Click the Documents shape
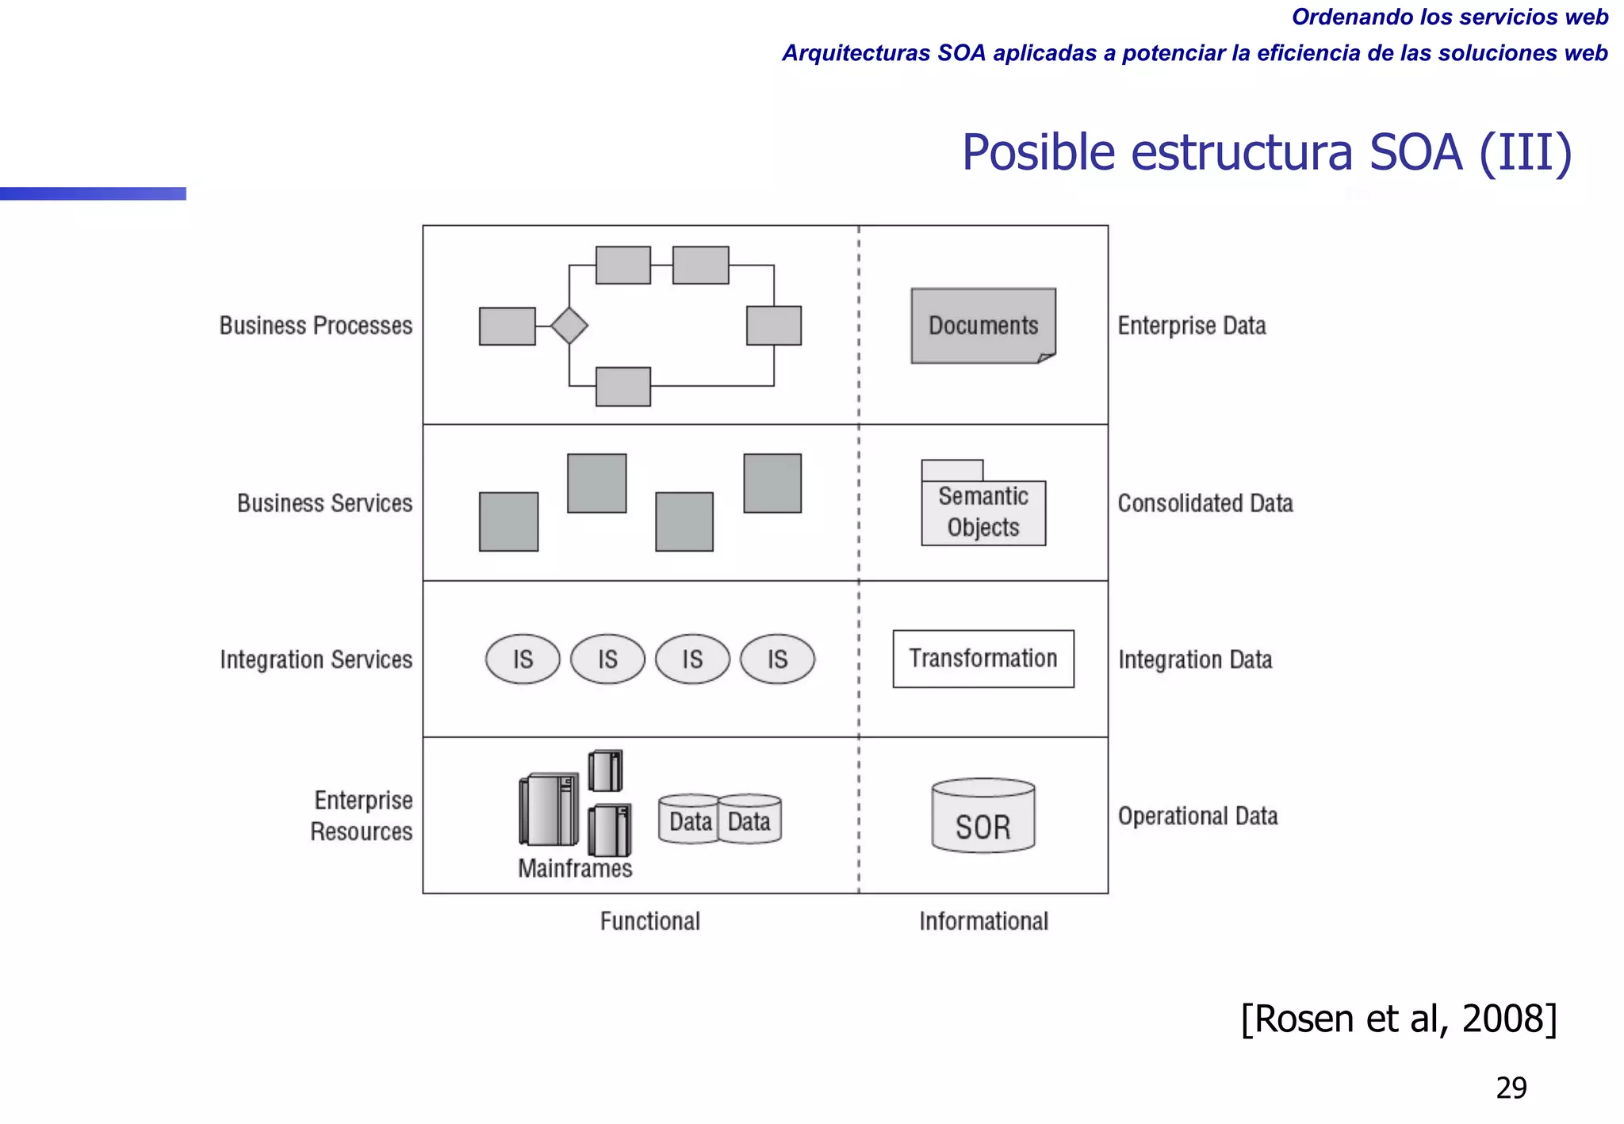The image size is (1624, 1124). (x=982, y=326)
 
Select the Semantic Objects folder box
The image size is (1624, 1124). (x=982, y=511)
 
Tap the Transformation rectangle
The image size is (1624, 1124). (x=982, y=659)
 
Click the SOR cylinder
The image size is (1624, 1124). (x=982, y=817)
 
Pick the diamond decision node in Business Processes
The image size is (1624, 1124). (x=569, y=326)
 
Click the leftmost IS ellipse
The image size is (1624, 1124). (x=523, y=659)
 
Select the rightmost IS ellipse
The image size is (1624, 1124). (x=777, y=659)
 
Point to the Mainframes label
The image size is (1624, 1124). (x=575, y=869)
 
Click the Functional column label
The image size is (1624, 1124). (x=649, y=921)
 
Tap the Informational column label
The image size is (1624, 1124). (x=983, y=921)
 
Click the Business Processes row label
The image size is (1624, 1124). (x=316, y=326)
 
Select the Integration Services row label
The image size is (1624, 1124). (x=316, y=659)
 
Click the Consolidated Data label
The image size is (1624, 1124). (x=1205, y=503)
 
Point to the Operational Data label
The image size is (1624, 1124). (x=1197, y=816)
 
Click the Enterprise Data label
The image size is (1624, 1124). (x=1191, y=326)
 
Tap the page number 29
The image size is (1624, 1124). (x=1511, y=1088)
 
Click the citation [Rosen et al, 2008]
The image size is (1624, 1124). (x=1399, y=1019)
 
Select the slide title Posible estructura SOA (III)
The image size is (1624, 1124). (x=1266, y=152)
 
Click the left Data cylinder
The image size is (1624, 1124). (x=689, y=820)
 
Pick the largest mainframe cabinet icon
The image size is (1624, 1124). (x=548, y=810)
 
